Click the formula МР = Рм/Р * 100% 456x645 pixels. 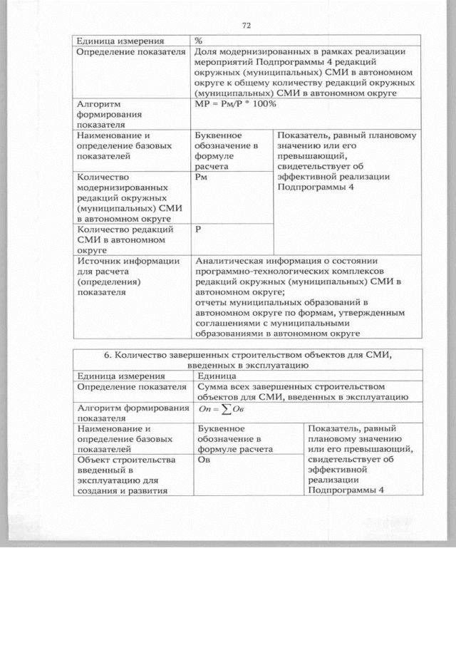(235, 104)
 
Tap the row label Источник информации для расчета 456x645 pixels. (128, 276)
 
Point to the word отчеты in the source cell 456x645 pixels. (211, 301)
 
